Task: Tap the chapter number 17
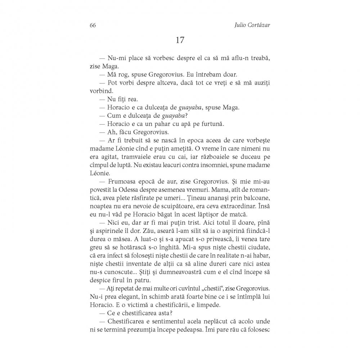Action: coord(180,40)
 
